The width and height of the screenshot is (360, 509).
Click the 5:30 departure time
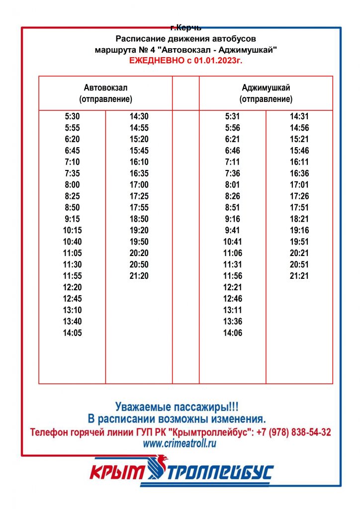point(72,116)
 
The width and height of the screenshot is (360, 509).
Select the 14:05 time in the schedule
point(72,333)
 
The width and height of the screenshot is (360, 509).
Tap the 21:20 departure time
point(139,276)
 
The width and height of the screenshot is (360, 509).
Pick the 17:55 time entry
point(139,207)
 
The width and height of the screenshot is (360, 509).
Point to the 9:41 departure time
point(233,230)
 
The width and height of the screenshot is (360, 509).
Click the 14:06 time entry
point(233,333)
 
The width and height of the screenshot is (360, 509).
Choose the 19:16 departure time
point(299,230)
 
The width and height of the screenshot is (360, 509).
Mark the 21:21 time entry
point(299,276)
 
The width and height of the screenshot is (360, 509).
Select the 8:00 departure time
point(72,184)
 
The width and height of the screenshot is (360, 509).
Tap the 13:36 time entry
point(233,322)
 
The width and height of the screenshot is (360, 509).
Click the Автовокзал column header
point(105,87)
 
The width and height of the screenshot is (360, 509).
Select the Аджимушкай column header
point(266,87)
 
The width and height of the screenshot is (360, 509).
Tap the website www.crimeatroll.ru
point(180,444)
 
